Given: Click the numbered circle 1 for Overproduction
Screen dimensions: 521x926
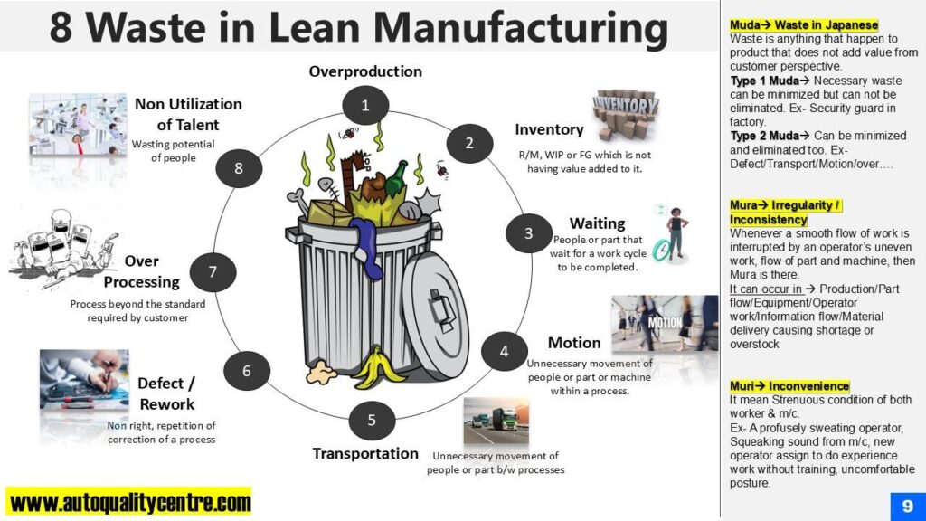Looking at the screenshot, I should [x=365, y=106].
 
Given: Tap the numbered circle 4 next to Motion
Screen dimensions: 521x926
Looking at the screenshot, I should [x=504, y=351].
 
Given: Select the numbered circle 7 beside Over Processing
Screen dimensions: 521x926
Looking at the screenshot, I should [x=213, y=271].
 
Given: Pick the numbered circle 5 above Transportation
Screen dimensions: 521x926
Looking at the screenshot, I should [x=371, y=420].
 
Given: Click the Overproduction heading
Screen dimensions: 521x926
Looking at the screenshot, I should [x=365, y=71].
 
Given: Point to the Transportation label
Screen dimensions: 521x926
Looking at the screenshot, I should [x=365, y=453].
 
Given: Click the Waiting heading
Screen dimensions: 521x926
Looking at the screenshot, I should [x=597, y=223].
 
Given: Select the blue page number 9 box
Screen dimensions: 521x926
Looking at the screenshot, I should [x=906, y=505].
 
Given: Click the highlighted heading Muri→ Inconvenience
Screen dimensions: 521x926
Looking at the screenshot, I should [x=789, y=386].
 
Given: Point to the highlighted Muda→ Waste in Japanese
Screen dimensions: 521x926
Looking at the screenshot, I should [x=804, y=25].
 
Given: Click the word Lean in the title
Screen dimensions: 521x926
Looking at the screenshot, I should [x=288, y=26].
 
